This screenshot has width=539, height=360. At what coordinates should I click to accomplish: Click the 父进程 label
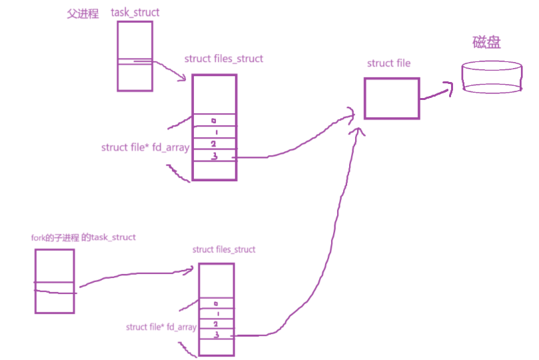click(83, 14)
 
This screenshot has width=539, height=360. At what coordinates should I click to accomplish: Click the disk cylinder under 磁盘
click(490, 78)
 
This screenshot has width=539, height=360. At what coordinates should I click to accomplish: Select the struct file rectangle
click(392, 99)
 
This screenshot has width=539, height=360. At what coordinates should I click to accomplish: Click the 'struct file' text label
click(388, 63)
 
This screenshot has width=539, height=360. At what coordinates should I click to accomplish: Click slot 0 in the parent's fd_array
click(214, 120)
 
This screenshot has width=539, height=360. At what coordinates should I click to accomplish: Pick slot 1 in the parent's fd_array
click(214, 132)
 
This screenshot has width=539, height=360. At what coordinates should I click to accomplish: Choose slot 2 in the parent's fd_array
click(214, 144)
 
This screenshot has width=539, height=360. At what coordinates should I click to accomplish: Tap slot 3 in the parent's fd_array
click(214, 156)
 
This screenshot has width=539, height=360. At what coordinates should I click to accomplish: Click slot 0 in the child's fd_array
click(217, 303)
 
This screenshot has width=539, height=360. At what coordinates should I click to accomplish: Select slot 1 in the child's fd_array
click(217, 313)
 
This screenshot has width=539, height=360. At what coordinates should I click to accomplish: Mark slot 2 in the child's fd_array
click(217, 323)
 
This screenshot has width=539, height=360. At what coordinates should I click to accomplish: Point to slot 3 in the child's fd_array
click(217, 334)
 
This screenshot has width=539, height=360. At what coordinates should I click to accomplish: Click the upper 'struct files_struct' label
click(224, 59)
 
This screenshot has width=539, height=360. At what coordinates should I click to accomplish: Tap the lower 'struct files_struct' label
click(224, 250)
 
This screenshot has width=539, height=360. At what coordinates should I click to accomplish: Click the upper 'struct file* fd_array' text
click(145, 147)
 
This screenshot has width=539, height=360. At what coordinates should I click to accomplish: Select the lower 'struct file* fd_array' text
click(161, 327)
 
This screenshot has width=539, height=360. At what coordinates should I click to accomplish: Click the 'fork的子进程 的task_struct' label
click(84, 237)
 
